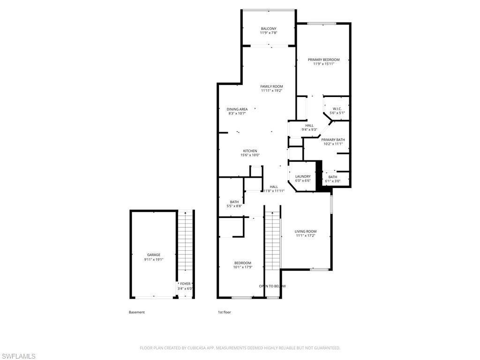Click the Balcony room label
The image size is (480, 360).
pos(269,29)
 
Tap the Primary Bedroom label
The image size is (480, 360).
pos(323,60)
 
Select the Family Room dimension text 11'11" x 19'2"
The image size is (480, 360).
pos(271,91)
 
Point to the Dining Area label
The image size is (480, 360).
pos(237,109)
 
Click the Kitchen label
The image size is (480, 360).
pos(250,151)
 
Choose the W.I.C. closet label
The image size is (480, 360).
pos(337,109)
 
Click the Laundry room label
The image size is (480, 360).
pos(303,176)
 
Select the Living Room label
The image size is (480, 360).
pos(305,231)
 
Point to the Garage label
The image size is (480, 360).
pos(154,255)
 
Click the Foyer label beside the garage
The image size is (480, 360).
pos(185,284)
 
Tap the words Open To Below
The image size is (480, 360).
pos(272,286)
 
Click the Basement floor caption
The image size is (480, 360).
pos(137,312)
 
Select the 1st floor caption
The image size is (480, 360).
pos(224,312)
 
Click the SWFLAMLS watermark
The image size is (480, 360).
pos(18,356)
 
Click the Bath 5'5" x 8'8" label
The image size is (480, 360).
pos(234,202)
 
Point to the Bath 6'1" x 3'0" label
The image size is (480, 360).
pos(332,177)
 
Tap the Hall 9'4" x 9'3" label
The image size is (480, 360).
pos(309,126)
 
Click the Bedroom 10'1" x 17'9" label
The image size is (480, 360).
pos(243,263)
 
